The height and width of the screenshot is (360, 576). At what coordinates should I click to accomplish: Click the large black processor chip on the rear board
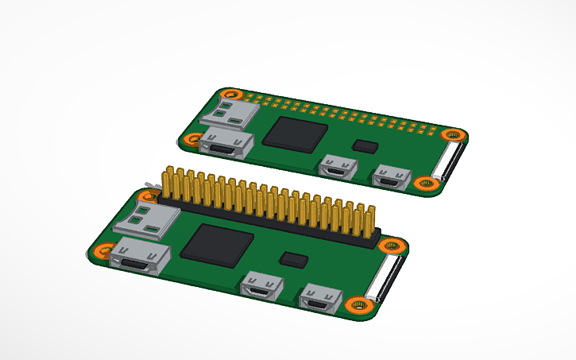click(x=296, y=132)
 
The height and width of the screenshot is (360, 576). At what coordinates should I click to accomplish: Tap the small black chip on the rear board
click(x=366, y=145)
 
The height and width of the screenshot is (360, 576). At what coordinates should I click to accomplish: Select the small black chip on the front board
click(x=295, y=258)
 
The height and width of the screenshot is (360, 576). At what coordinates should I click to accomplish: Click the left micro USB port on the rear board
click(x=338, y=167)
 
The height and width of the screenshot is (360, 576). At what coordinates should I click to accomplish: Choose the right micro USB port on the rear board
click(x=390, y=176)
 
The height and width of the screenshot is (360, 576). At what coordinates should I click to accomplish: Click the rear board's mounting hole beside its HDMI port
click(x=191, y=140)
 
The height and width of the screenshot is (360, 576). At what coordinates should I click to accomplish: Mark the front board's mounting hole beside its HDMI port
click(x=100, y=252)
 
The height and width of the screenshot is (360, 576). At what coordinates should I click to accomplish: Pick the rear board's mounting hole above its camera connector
click(x=454, y=134)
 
